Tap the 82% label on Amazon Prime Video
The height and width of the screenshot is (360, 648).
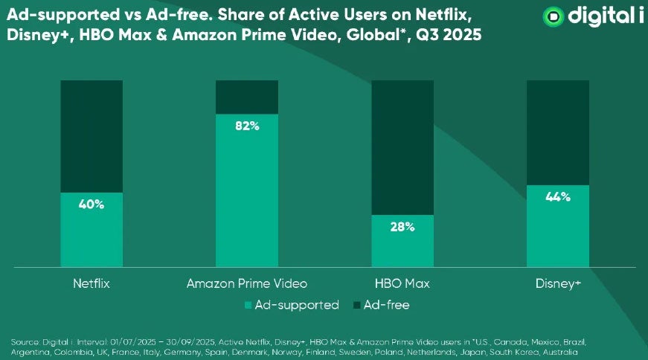point(247,126)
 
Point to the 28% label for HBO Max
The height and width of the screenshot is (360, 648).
point(402,227)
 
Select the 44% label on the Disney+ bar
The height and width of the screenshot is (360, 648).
point(557,197)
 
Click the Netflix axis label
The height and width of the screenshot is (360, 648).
point(92,284)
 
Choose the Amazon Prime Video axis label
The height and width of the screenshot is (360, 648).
point(246,284)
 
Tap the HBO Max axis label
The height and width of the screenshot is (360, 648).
point(402,284)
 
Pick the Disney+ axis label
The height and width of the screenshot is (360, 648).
point(557,284)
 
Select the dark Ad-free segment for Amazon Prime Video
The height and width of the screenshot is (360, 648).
point(247,97)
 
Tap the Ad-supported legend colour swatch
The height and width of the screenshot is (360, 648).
point(247,306)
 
